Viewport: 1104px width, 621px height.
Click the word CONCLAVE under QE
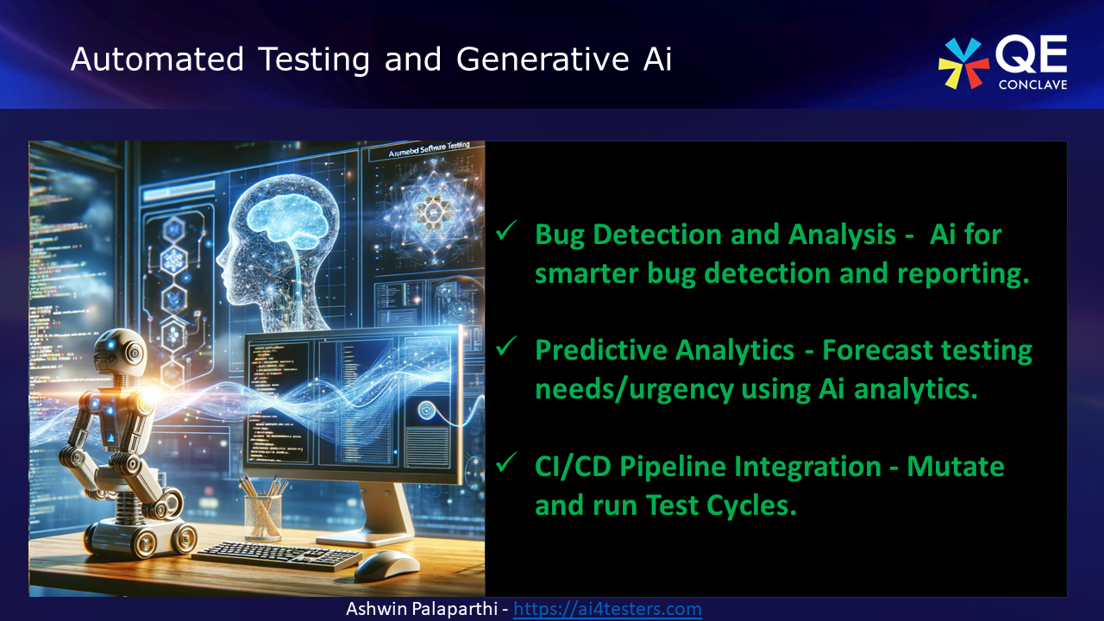point(1032,85)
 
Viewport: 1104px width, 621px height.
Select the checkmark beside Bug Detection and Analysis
point(506,231)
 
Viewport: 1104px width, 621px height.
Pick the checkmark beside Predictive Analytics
point(506,348)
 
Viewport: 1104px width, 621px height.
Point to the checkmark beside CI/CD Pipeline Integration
point(506,464)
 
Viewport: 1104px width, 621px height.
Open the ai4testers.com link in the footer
point(607,609)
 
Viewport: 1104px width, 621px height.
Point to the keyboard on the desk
point(276,554)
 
